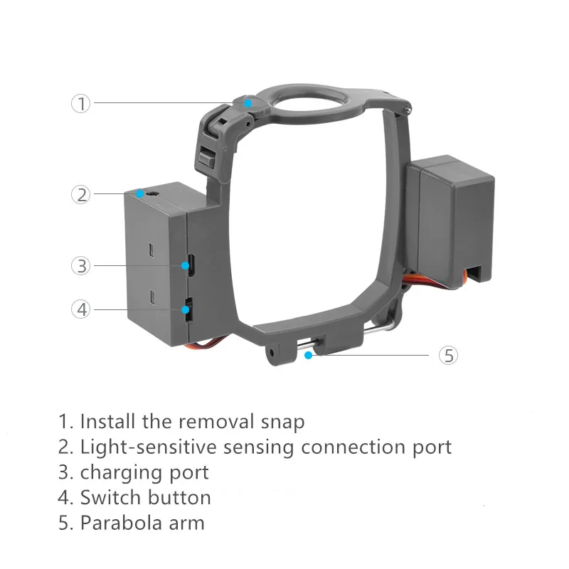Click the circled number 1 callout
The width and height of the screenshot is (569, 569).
click(x=81, y=103)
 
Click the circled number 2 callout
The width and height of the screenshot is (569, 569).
click(x=81, y=194)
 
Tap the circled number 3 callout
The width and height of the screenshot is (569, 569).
click(x=81, y=266)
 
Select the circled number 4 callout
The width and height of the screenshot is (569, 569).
click(x=81, y=309)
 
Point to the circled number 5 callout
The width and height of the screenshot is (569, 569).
click(x=448, y=355)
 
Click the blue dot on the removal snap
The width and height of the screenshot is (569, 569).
click(x=248, y=103)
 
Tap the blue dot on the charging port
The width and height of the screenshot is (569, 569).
click(x=186, y=266)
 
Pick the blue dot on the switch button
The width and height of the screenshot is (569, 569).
click(x=186, y=309)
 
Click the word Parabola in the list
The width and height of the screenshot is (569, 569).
click(x=119, y=523)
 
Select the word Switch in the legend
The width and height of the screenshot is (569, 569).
click(x=111, y=497)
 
